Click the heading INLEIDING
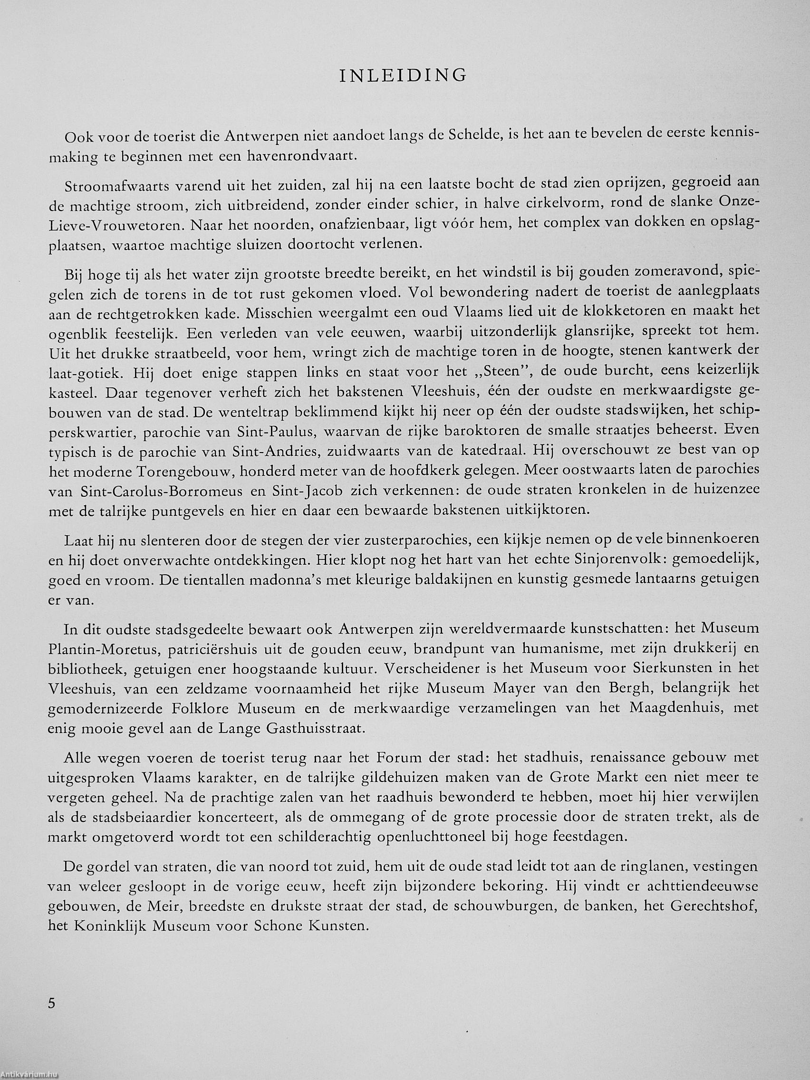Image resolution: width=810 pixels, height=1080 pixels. [x=403, y=75]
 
